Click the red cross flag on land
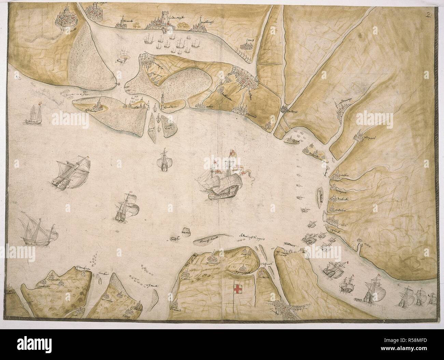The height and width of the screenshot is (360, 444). pyautogui.click(x=236, y=289)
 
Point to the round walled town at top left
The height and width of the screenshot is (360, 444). pyautogui.click(x=71, y=18)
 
